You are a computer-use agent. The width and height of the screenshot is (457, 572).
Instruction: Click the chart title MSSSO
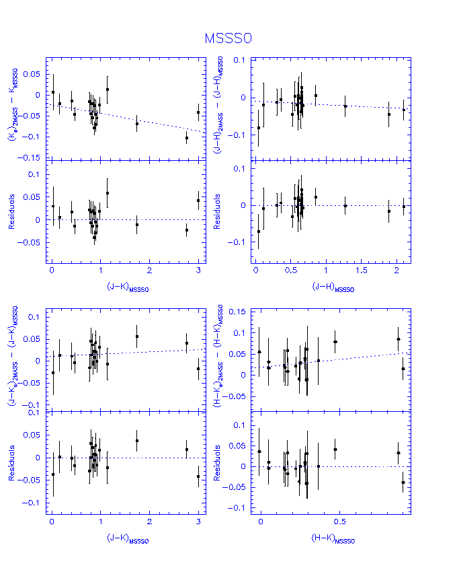(x=228, y=38)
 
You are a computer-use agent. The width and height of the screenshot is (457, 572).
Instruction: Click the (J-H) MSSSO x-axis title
(x=333, y=287)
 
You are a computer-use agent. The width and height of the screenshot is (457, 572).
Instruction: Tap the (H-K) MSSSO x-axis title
(x=333, y=538)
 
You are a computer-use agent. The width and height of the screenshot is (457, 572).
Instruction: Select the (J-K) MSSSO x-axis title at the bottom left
(x=127, y=538)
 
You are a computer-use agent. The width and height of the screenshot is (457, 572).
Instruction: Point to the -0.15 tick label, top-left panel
(x=32, y=157)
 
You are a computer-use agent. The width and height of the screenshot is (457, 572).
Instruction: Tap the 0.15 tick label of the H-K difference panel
(x=237, y=312)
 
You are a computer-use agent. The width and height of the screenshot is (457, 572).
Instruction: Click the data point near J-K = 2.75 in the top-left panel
(x=187, y=138)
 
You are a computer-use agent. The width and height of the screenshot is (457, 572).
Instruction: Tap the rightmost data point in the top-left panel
(x=198, y=112)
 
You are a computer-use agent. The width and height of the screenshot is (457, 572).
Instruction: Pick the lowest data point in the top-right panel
(x=259, y=127)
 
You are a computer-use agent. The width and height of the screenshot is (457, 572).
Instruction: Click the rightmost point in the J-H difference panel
(x=404, y=109)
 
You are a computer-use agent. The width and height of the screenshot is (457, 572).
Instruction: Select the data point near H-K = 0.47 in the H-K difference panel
(x=335, y=341)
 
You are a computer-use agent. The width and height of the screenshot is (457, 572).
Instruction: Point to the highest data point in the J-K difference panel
(x=137, y=336)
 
